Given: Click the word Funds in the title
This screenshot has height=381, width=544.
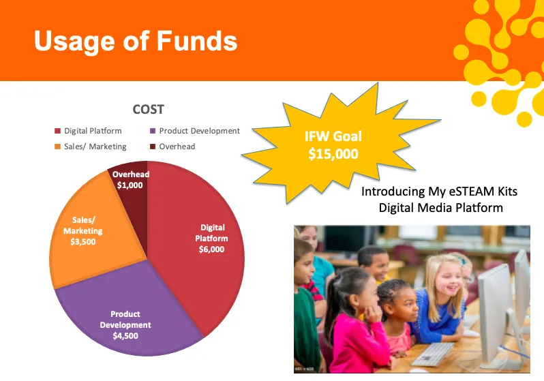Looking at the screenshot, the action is [197, 41].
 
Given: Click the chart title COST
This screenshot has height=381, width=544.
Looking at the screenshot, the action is [148, 110].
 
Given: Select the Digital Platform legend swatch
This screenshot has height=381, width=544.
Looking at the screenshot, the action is [57, 131].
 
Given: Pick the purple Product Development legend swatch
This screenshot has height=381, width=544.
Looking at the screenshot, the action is [153, 131].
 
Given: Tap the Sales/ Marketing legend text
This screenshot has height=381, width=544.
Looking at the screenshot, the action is [95, 147].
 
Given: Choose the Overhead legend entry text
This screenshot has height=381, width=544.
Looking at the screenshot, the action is [177, 147].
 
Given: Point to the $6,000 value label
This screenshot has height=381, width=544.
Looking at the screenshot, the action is [211, 249].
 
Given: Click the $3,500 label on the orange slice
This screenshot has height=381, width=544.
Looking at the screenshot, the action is [83, 241].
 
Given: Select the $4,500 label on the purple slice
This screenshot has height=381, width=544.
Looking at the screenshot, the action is [125, 335].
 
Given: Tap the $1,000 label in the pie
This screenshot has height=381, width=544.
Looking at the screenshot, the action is [130, 185].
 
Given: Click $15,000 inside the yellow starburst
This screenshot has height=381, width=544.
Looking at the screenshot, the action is [333, 154].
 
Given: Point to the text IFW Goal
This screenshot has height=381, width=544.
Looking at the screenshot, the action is [333, 136].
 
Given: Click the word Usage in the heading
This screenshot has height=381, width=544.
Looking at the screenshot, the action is [74, 42].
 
